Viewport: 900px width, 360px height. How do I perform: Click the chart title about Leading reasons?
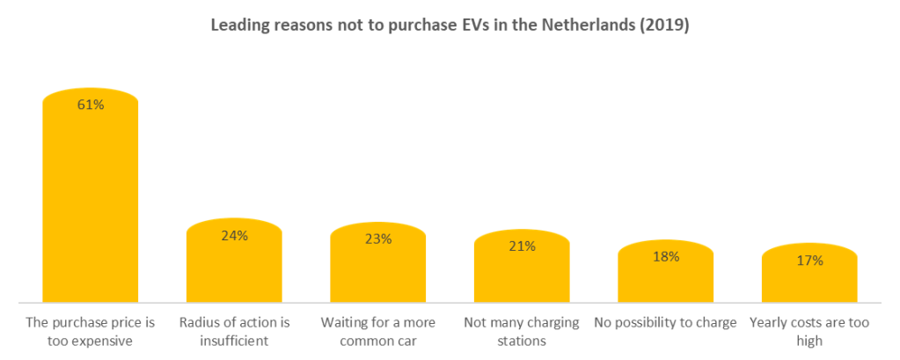pyautogui.click(x=449, y=26)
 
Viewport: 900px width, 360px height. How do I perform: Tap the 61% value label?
pyautogui.click(x=91, y=105)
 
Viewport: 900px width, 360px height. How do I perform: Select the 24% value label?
pyautogui.click(x=234, y=235)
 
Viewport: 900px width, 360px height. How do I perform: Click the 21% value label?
pyautogui.click(x=522, y=246)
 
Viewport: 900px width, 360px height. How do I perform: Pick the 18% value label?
pyautogui.click(x=666, y=256)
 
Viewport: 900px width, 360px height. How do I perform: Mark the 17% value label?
pyautogui.click(x=809, y=260)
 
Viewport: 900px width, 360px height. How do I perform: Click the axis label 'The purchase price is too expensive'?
pyautogui.click(x=90, y=332)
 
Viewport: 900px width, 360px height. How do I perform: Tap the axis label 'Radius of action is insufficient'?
pyautogui.click(x=234, y=332)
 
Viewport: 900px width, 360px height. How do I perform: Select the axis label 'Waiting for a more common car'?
pyautogui.click(x=378, y=332)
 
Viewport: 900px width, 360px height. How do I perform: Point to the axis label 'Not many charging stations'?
pyautogui.click(x=522, y=332)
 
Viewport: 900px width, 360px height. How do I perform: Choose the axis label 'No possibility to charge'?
pyautogui.click(x=666, y=323)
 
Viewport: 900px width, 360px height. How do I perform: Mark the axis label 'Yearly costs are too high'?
pyautogui.click(x=809, y=332)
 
